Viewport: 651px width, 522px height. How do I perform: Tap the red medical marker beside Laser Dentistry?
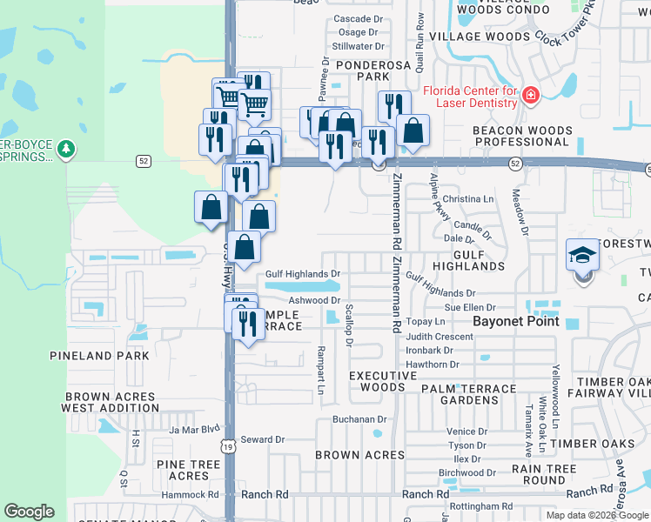(x=530, y=93)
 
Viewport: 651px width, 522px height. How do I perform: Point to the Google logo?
(x=29, y=512)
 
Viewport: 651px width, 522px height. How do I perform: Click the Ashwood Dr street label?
(x=313, y=300)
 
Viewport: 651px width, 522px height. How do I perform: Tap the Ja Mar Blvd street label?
(x=196, y=429)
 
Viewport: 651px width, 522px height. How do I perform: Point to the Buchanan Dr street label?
(x=359, y=419)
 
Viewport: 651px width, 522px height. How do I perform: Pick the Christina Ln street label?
(x=468, y=199)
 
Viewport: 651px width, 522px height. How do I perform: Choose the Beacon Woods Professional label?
(x=523, y=137)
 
